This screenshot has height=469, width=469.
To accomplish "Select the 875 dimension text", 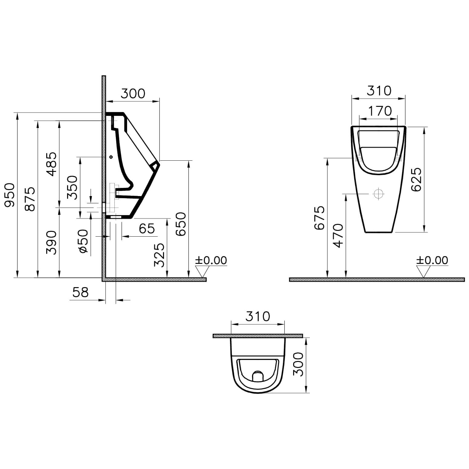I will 30,199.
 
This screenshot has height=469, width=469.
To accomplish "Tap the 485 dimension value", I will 52,164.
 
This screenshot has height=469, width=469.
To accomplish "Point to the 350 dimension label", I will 72,187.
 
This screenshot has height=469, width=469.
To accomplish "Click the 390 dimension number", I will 52,242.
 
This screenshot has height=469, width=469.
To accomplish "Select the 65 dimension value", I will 147,228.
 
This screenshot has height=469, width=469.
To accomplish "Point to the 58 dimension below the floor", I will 80,292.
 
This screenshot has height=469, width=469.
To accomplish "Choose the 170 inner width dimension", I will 380,111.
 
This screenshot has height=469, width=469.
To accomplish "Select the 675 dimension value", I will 320,218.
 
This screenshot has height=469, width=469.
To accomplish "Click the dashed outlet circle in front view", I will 378,193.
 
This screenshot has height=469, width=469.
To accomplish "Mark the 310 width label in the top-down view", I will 257,316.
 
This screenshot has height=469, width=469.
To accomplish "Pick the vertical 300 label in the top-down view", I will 299,364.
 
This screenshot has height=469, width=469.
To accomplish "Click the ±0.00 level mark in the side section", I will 211,260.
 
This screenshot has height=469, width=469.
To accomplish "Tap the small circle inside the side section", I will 111,157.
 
